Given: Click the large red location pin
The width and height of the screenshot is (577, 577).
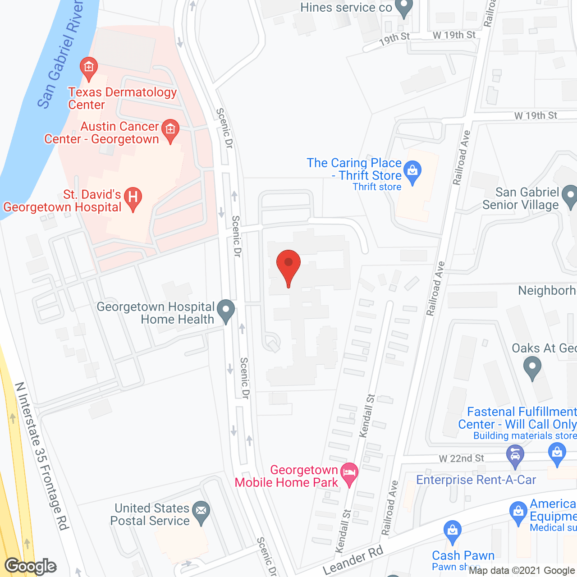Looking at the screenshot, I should point(288,265).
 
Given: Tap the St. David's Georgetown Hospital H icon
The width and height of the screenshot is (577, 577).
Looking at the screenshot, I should point(133,197).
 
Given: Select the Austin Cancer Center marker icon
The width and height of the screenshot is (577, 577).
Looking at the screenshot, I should point(170,130).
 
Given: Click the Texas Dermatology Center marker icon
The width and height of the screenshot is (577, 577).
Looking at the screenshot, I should point(89,68).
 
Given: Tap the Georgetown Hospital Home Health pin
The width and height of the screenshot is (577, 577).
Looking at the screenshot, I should point(226,311).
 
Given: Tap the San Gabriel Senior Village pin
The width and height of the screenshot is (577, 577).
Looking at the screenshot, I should point(570,196).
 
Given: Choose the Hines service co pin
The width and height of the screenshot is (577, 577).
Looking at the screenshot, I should point(403,7).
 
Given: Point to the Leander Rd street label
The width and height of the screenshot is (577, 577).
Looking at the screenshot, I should point(353,560).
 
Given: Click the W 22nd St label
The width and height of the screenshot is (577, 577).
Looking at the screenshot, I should point(461,458).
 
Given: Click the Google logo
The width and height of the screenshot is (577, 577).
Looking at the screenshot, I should point(31,566).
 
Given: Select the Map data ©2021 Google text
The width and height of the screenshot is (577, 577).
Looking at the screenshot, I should point(522,571).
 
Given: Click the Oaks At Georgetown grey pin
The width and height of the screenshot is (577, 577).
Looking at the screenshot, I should point(532,367).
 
